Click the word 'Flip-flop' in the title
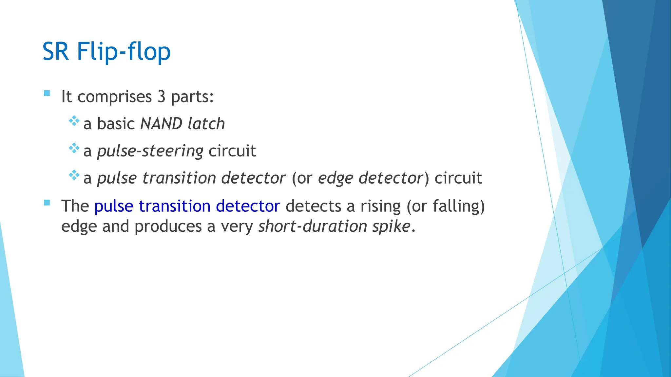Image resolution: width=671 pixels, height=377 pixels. click(124, 52)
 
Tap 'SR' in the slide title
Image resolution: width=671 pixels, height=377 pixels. click(55, 52)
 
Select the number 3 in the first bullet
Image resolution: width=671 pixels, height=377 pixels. click(161, 97)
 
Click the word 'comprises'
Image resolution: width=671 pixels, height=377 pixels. click(115, 97)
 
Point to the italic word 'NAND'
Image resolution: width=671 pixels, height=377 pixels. click(161, 124)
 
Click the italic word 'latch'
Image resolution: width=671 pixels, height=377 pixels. click(206, 124)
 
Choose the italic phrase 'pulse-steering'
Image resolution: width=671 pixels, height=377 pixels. click(150, 152)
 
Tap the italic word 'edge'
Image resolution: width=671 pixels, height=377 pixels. click(335, 179)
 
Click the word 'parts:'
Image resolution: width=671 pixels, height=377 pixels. click(192, 97)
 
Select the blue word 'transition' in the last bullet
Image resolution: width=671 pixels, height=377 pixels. click(174, 206)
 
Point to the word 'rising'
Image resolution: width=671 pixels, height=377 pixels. click(380, 206)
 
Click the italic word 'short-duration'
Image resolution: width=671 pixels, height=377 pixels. click(313, 226)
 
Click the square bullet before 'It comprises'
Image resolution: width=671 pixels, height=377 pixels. click(47, 93)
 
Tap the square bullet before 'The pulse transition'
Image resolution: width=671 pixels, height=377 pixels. click(47, 203)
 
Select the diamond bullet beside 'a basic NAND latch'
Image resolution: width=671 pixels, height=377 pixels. click(74, 121)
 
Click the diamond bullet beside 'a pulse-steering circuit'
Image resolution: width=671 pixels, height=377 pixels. click(74, 148)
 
